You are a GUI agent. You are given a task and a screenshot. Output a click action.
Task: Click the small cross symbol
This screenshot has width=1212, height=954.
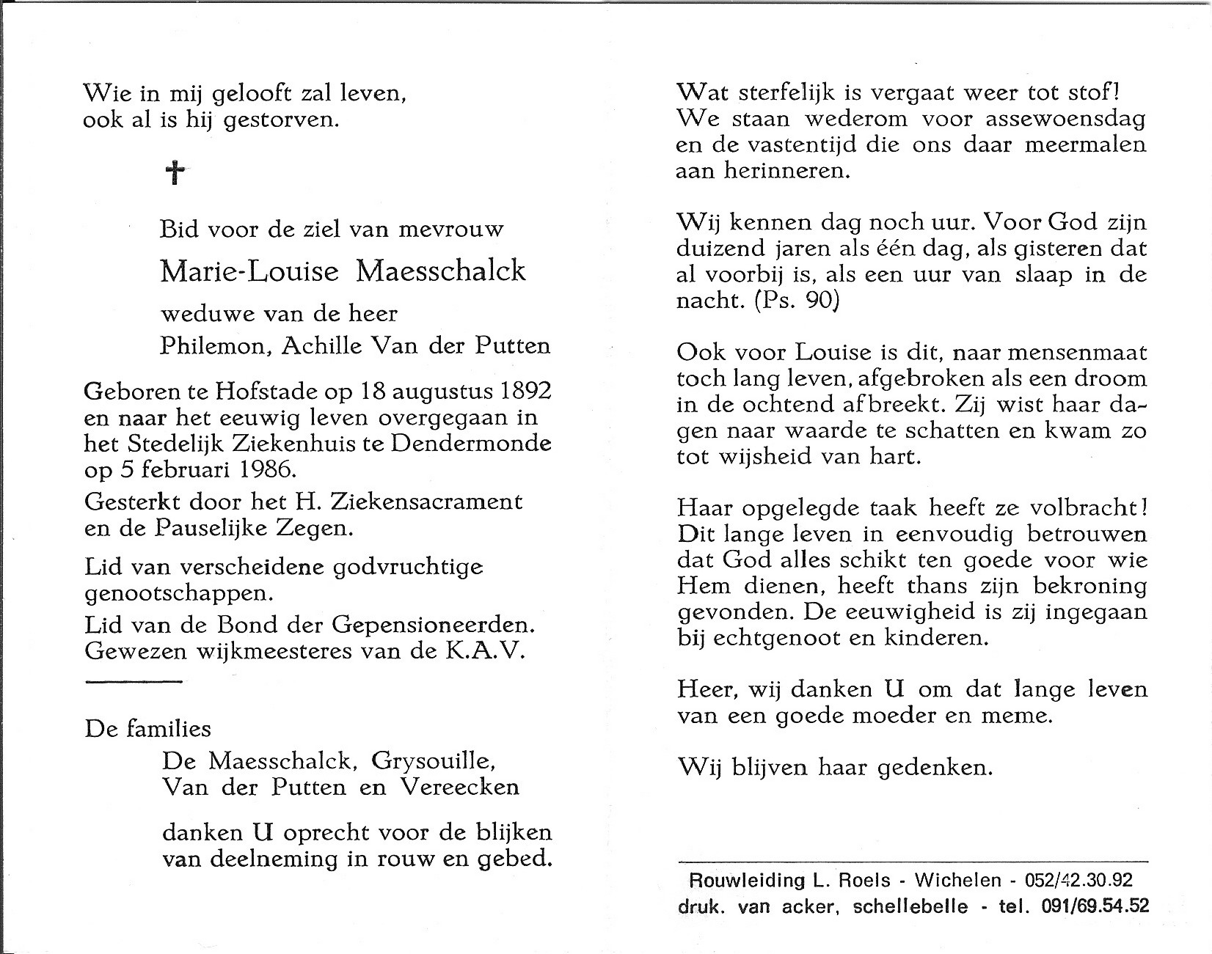pyautogui.click(x=174, y=173)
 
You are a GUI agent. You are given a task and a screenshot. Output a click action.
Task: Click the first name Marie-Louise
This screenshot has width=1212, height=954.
pyautogui.click(x=249, y=271)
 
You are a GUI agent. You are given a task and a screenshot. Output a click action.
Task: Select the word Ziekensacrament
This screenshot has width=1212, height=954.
pyautogui.click(x=428, y=502)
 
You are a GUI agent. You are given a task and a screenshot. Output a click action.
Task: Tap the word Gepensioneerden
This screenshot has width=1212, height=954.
pyautogui.click(x=431, y=625)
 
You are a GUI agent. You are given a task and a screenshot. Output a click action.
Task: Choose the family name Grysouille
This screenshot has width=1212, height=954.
pyautogui.click(x=434, y=760)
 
